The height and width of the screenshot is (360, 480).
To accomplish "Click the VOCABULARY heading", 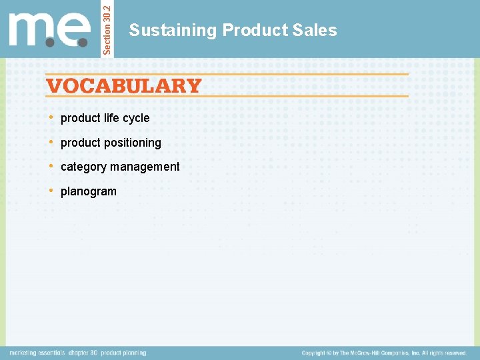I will point(123,86).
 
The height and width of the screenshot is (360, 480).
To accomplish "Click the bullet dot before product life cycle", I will point(52,117).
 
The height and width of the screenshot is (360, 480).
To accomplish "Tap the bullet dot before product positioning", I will point(52,142).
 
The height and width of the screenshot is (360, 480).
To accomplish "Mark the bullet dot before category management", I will point(52,166).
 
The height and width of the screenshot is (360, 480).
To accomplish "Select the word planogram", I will point(88,191).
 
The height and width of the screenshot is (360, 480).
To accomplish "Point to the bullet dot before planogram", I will point(52,191).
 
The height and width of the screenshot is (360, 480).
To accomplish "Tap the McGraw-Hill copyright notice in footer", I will point(383,353).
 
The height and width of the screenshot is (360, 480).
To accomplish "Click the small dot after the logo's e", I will point(83,42).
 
